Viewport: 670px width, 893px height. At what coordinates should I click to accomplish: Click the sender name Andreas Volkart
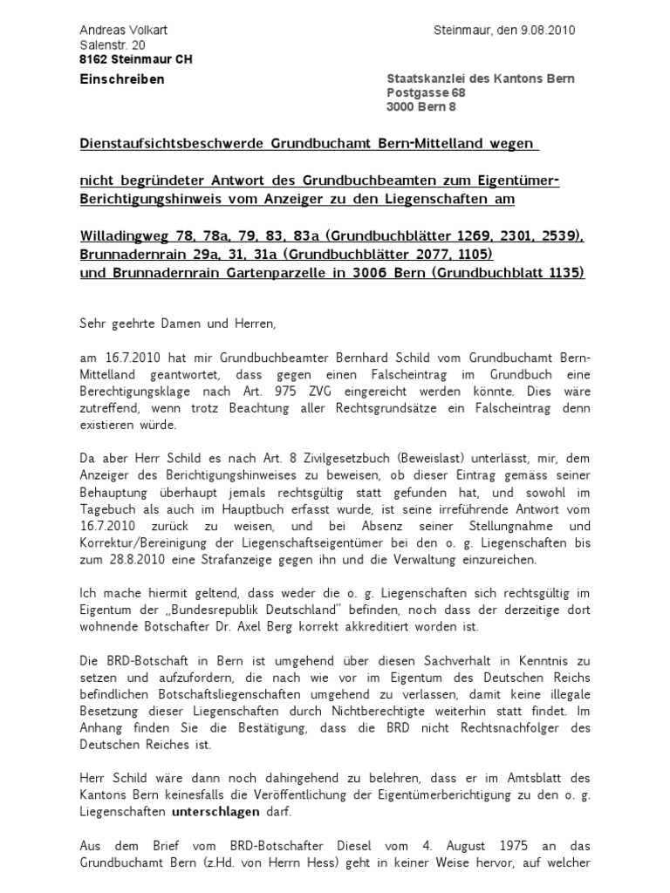point(123,31)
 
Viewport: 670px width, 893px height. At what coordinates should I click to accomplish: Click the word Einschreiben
point(122,79)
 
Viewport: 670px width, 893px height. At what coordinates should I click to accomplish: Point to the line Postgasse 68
point(426,93)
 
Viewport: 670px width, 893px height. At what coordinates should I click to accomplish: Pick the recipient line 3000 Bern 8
point(421,107)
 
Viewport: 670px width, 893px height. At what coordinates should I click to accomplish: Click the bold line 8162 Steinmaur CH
point(135,59)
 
